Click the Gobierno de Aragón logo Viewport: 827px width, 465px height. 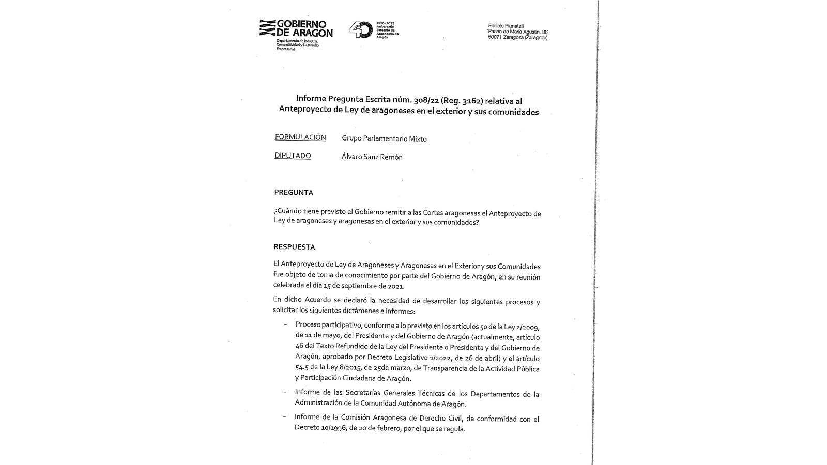coord(296,29)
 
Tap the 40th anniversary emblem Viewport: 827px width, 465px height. coord(360,29)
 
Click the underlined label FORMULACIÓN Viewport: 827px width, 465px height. coord(300,137)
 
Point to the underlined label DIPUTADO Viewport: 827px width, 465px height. coord(293,156)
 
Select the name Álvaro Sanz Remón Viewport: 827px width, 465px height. coord(372,157)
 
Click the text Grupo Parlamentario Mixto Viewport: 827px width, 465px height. coord(384,138)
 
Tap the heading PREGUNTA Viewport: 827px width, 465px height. coord(294,192)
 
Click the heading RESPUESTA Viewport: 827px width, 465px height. coord(294,247)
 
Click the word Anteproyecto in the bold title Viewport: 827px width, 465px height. coord(308,111)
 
